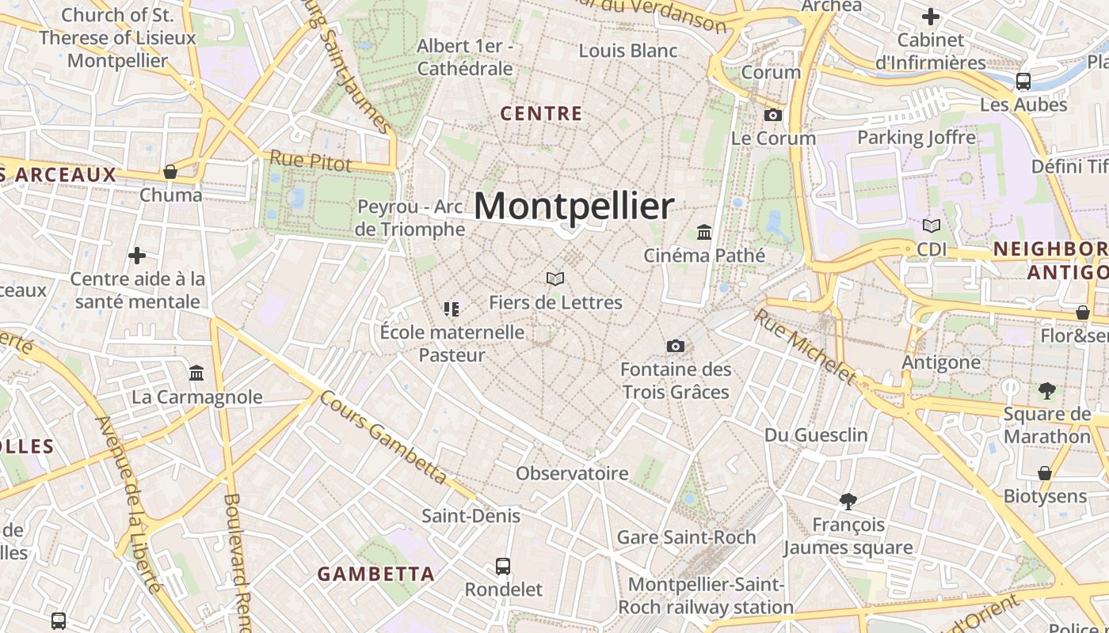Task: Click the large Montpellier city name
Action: point(574,207)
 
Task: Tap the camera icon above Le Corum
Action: point(772,115)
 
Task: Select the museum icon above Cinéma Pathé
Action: point(704,232)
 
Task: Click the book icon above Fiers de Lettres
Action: point(555,279)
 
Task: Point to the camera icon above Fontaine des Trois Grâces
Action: point(676,346)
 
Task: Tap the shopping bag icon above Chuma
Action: point(170,172)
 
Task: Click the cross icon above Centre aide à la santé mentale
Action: point(137,256)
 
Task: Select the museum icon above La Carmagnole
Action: point(196,373)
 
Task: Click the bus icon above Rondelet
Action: point(503,567)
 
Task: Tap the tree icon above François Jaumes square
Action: point(848,501)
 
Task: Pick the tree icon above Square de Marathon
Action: point(1046,390)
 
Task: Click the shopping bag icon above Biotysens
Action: point(1045,473)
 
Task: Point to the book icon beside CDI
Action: point(932,226)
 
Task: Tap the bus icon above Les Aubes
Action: point(1023,81)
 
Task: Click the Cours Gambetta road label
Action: point(383,437)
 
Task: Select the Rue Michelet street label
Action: point(805,346)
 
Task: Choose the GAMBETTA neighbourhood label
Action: point(376,574)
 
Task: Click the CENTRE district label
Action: point(542,114)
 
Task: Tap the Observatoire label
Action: point(572,473)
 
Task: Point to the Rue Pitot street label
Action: point(311,161)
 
